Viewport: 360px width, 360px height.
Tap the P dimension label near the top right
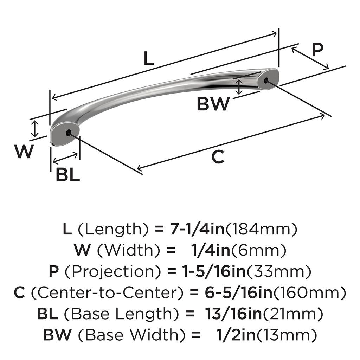pos(318,50)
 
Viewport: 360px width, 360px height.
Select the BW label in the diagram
pos(213,104)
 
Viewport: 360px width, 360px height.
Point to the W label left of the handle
pos(24,151)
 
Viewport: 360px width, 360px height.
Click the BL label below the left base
pos(68,174)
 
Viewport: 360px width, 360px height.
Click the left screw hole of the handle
pos(68,133)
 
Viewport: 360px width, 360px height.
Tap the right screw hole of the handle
pos(266,81)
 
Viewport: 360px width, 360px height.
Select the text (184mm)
pos(262,229)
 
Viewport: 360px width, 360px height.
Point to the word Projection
pos(112,271)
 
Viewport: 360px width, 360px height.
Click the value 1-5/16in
pos(214,271)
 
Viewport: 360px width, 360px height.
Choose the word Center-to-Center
pos(107,292)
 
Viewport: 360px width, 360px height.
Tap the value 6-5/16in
pos(239,292)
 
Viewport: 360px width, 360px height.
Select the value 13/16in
pos(234,314)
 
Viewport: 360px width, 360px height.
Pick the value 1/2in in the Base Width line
pos(236,335)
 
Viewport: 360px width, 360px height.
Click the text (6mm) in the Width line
pos(259,250)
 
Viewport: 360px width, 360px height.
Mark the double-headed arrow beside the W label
pos(35,129)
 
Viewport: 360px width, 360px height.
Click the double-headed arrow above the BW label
pos(239,87)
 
